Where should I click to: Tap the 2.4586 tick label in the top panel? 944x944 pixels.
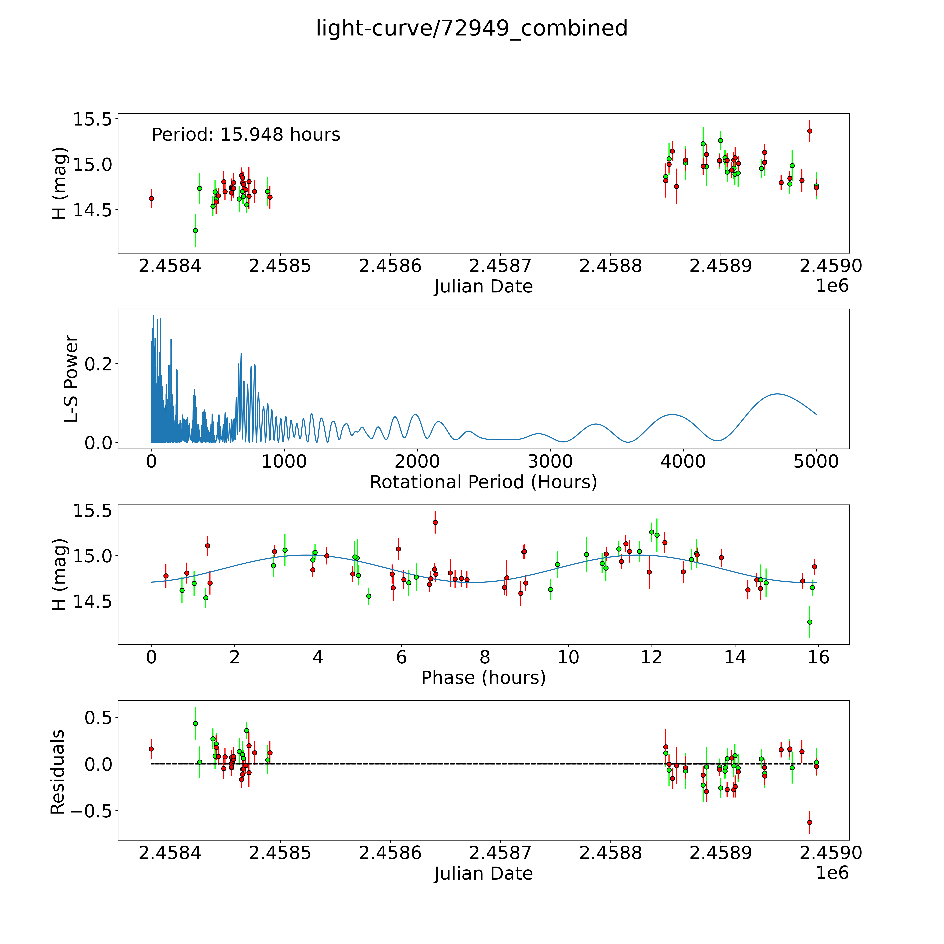[390, 266]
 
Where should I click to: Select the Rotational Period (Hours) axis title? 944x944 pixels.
[483, 482]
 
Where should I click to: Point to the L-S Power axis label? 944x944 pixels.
[71, 379]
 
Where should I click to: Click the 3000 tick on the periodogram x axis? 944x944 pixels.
[550, 462]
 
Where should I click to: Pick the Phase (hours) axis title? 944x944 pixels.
[483, 678]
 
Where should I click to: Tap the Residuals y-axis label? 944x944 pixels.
[58, 772]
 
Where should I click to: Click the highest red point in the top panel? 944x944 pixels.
[810, 131]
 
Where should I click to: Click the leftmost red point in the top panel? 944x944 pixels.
[151, 198]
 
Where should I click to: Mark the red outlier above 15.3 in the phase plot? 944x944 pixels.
[435, 522]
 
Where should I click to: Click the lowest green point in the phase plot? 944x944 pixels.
[810, 622]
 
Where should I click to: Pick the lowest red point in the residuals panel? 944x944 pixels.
[810, 822]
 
